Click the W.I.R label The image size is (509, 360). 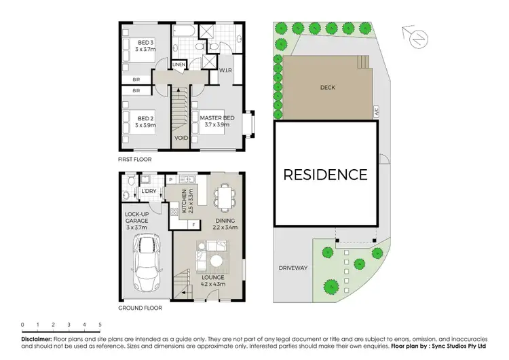(x=225, y=69)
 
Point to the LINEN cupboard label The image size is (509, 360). (x=178, y=65)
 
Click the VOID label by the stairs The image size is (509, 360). (x=181, y=138)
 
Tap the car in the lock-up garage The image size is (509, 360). (x=147, y=263)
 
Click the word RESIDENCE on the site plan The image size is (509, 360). (x=325, y=175)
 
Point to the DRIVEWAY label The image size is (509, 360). (x=293, y=268)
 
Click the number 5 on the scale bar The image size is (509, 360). (x=100, y=325)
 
